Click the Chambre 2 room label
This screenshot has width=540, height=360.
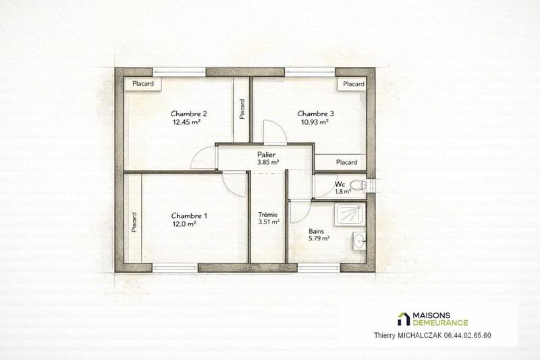[x=188, y=113]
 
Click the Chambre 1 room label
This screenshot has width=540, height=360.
[x=190, y=216]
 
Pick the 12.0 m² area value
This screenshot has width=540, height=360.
[x=184, y=226]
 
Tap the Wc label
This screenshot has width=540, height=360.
[x=341, y=184]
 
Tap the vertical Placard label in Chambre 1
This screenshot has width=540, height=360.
[x=134, y=222]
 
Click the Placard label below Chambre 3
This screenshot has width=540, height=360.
[x=346, y=162]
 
